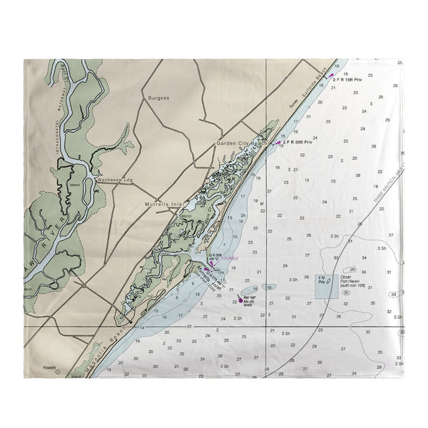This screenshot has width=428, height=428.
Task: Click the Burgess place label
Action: [x=159, y=97]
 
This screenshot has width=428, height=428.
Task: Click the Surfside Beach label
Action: [x=317, y=88]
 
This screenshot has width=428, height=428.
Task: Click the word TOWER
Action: [x=49, y=369]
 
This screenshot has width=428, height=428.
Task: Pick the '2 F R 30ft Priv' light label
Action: [x=298, y=142]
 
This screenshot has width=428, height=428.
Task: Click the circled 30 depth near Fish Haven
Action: [x=346, y=292]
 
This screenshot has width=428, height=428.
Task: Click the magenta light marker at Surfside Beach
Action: [x=330, y=75]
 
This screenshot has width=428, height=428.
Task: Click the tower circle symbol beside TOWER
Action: [x=59, y=372]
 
